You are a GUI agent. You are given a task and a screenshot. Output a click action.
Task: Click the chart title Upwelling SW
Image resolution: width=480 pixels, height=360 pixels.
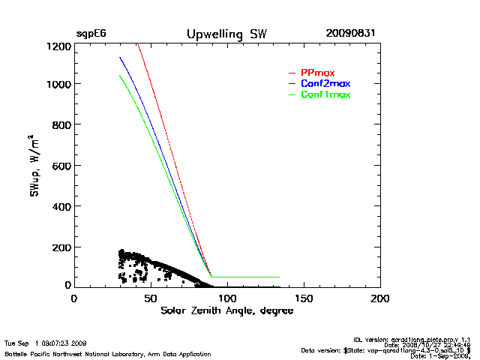point(226,34)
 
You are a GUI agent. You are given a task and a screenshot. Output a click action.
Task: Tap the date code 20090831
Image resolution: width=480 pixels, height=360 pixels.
point(351,34)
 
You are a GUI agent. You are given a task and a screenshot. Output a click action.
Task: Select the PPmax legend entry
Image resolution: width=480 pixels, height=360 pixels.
point(317,73)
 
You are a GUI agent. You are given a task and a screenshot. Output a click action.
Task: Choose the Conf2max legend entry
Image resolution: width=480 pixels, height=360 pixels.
point(325,83)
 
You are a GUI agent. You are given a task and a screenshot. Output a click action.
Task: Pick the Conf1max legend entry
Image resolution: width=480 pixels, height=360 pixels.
point(325,94)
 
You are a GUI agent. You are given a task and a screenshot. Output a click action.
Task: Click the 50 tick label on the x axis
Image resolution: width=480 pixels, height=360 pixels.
point(151,298)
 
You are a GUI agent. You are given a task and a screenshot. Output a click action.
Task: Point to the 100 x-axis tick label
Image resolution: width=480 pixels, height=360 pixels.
point(227,298)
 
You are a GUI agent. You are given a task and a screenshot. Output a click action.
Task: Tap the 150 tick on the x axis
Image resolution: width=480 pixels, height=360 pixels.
point(304,298)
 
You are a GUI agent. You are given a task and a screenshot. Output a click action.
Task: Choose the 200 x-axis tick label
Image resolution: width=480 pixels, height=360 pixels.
point(380,298)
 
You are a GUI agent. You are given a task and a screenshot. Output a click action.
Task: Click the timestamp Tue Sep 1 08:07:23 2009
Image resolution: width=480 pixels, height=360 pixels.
point(46,342)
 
